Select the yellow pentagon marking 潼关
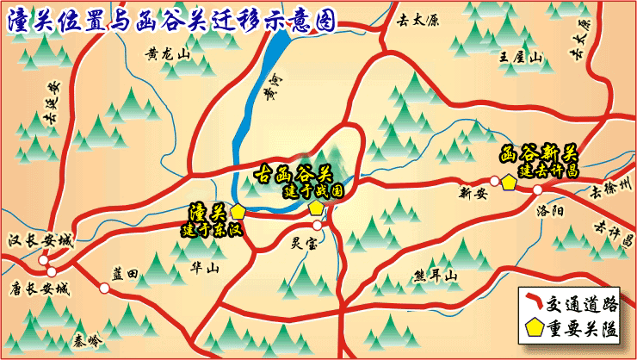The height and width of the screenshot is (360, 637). click(238, 211)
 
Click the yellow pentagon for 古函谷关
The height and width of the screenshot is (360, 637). click(316, 208)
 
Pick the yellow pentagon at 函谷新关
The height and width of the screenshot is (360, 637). click(510, 183)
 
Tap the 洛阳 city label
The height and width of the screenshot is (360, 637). click(547, 210)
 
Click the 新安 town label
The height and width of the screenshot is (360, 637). click(473, 193)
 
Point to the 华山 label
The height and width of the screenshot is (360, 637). click(204, 268)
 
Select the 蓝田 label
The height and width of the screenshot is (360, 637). click(125, 273)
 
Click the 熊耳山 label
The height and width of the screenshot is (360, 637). click(435, 276)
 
